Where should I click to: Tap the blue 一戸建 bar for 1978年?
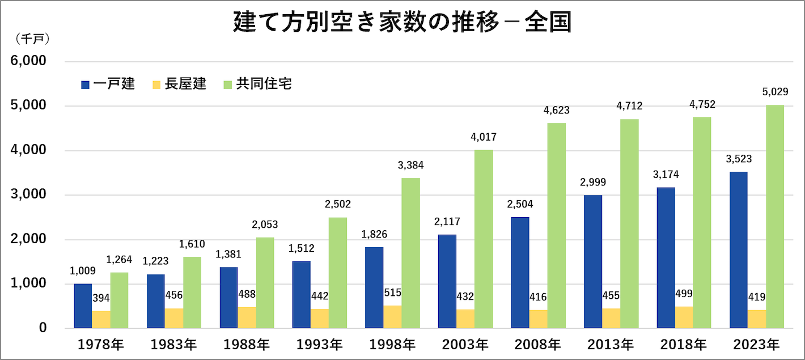tap(83, 306)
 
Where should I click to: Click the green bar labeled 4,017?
tap(484, 239)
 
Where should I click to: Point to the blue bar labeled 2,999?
tap(593, 261)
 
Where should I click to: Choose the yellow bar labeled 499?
tap(684, 317)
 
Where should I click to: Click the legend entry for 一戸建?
tap(108, 84)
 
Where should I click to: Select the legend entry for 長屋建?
tap(179, 84)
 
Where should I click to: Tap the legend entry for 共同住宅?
tap(257, 84)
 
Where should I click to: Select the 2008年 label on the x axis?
tap(537, 344)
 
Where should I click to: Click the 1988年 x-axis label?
tap(246, 344)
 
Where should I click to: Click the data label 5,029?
tap(774, 92)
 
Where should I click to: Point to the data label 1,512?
tap(301, 248)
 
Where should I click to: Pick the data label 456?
tap(174, 295)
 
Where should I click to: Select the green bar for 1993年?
tap(338, 273)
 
